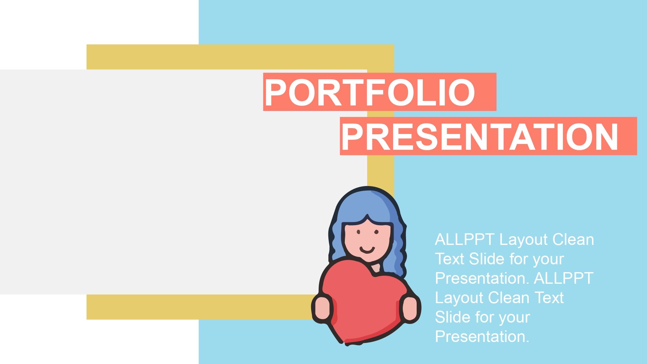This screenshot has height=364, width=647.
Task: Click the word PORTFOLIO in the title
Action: (x=370, y=93)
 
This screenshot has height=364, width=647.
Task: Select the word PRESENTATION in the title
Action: (x=480, y=137)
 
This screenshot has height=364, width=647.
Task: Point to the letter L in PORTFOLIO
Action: (x=434, y=93)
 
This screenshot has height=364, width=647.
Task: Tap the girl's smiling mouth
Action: (x=367, y=249)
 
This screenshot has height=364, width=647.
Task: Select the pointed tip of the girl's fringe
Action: (x=367, y=216)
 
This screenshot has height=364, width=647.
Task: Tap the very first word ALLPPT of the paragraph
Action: (x=465, y=240)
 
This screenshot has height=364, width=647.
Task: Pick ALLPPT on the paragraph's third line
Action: (x=564, y=278)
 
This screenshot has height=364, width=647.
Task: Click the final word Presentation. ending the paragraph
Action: (x=482, y=336)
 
